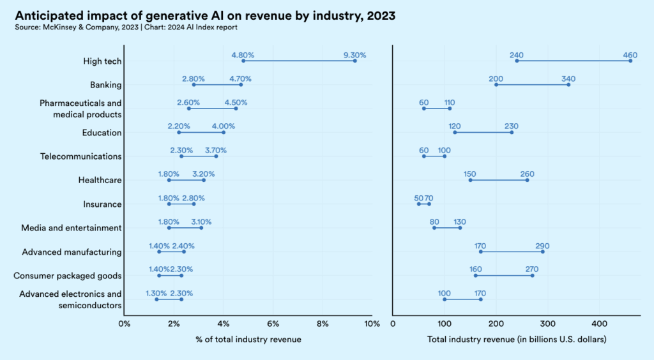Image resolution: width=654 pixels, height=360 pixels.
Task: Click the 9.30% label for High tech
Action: (x=354, y=56)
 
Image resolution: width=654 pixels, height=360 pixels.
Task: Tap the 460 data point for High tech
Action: (x=630, y=61)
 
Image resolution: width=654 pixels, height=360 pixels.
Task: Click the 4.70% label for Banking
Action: (x=240, y=79)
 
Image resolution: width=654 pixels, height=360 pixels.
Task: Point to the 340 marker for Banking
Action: (x=568, y=84)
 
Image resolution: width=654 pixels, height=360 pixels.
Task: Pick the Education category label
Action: (x=102, y=133)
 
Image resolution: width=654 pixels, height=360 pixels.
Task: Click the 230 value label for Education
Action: (x=511, y=126)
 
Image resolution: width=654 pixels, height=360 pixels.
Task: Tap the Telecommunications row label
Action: (x=80, y=156)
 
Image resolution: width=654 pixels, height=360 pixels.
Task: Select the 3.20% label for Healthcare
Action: (x=204, y=174)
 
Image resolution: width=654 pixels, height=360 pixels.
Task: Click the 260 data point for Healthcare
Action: (x=527, y=180)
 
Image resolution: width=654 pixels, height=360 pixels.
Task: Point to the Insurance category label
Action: (x=102, y=204)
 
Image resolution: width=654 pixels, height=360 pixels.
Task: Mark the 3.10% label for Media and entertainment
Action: (x=201, y=222)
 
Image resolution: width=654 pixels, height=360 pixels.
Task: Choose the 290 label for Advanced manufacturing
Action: (x=542, y=246)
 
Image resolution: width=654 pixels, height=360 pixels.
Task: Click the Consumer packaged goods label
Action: (x=68, y=276)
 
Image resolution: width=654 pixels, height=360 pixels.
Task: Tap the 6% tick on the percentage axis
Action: (x=273, y=324)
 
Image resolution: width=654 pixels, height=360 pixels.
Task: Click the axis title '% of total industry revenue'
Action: (x=248, y=340)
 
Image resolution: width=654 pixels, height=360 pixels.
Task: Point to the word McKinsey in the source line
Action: (x=58, y=27)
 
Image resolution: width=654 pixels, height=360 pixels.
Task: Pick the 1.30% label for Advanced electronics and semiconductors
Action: (x=156, y=294)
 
